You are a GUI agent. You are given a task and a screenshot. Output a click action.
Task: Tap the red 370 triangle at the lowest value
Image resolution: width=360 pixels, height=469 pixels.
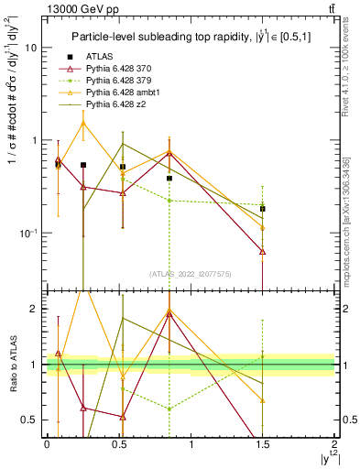[263, 251]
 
